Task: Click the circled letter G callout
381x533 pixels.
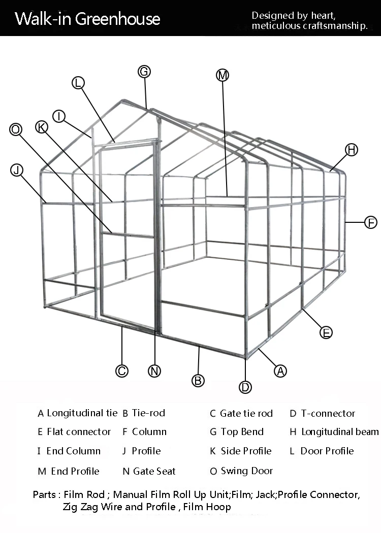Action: [144, 72]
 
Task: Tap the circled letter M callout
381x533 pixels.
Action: [223, 76]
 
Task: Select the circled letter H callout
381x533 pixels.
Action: [352, 150]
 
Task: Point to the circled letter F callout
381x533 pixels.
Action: [371, 222]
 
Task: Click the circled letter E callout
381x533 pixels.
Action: [326, 332]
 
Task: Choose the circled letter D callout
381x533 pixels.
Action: [245, 387]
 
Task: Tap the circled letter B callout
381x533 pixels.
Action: [198, 380]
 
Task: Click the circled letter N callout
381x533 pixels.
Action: [154, 371]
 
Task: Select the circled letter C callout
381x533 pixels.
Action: [122, 371]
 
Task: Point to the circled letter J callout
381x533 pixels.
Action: [17, 170]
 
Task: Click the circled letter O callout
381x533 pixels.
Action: [16, 130]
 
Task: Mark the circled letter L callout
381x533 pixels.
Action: [78, 83]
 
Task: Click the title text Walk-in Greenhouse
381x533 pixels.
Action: [87, 19]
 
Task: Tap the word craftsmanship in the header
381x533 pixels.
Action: [335, 26]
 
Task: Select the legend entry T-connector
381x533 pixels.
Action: [328, 413]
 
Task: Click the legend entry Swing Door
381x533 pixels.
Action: [246, 471]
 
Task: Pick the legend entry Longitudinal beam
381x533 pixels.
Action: [339, 432]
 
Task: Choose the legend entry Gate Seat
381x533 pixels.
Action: [154, 471]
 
